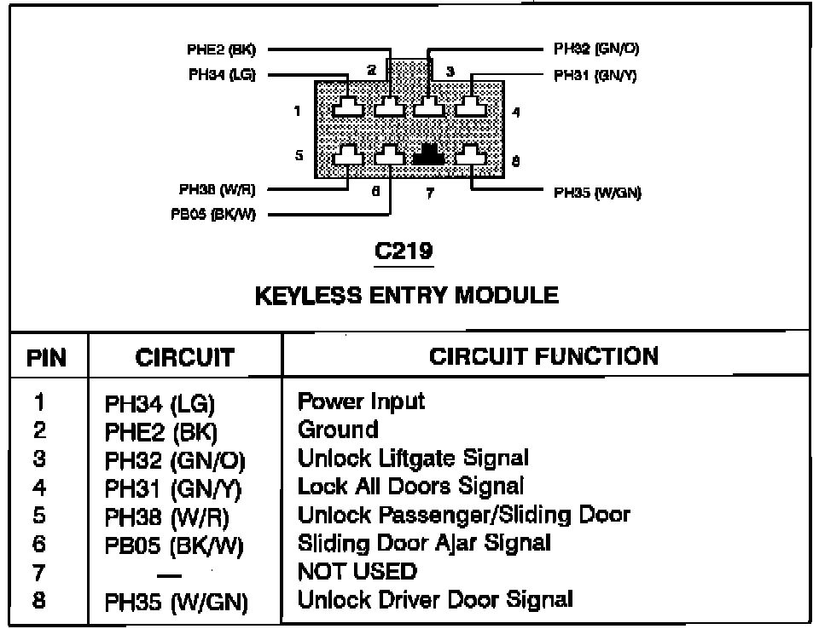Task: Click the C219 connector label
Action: click(404, 252)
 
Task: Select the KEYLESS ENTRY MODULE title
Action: click(407, 296)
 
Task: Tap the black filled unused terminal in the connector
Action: click(430, 154)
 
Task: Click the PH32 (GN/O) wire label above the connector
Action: click(596, 49)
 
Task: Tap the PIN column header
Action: click(47, 357)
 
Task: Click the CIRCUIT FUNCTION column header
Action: click(543, 355)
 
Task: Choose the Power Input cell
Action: click(361, 401)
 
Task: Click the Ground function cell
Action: click(338, 430)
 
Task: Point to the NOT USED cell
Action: click(357, 571)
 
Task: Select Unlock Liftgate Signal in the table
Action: click(413, 459)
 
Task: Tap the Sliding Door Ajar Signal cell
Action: click(424, 543)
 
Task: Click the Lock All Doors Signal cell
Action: click(410, 487)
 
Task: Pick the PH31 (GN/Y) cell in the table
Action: click(174, 489)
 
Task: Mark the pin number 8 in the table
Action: click(39, 600)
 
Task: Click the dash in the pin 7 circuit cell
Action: click(174, 574)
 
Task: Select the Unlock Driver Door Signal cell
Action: click(435, 599)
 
